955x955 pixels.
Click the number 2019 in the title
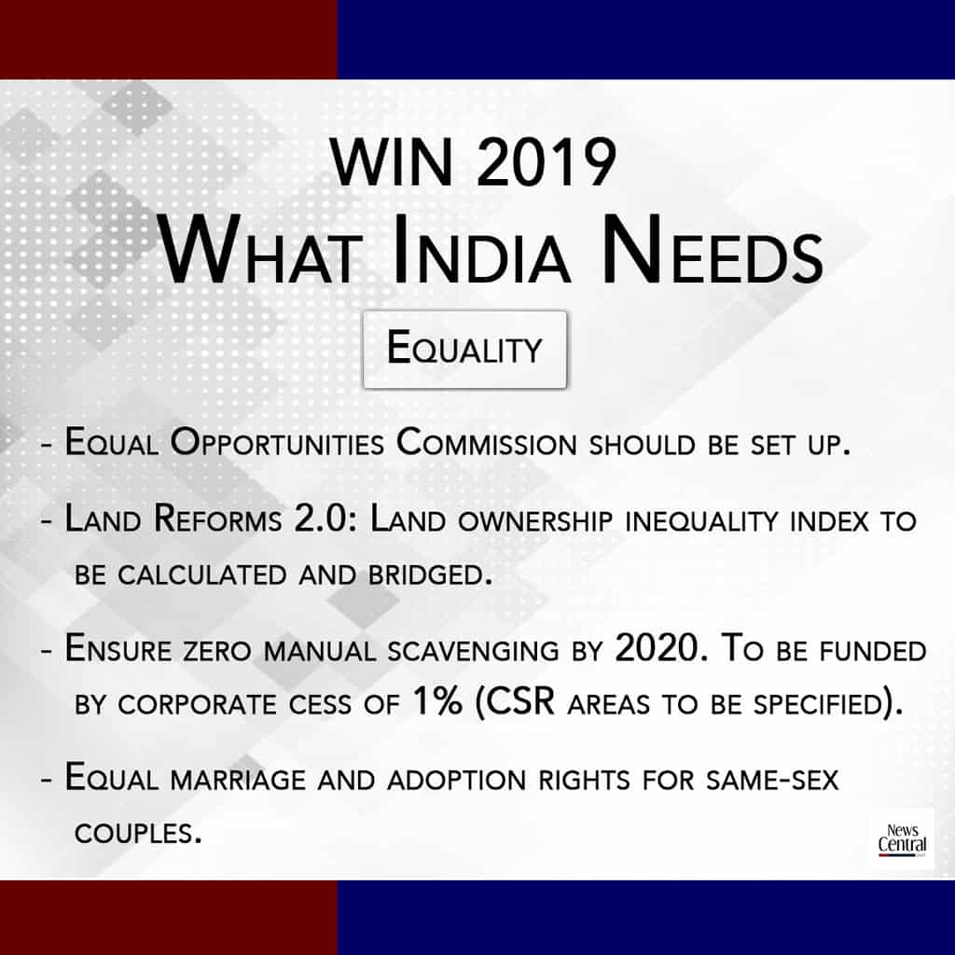[x=547, y=162]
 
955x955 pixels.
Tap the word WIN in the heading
[x=392, y=162]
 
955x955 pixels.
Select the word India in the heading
[x=482, y=250]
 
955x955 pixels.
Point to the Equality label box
[x=464, y=349]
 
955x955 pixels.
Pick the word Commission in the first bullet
[x=486, y=443]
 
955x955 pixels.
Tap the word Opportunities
[x=277, y=443]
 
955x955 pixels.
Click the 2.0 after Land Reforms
[x=320, y=519]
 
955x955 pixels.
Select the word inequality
[x=701, y=521]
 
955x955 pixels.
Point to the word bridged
[x=429, y=574]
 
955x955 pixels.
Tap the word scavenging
[x=473, y=651]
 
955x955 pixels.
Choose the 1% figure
[x=437, y=700]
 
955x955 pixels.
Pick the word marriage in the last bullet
[x=238, y=780]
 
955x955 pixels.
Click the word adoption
[x=456, y=780]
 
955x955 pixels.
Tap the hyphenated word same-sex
[x=771, y=780]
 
